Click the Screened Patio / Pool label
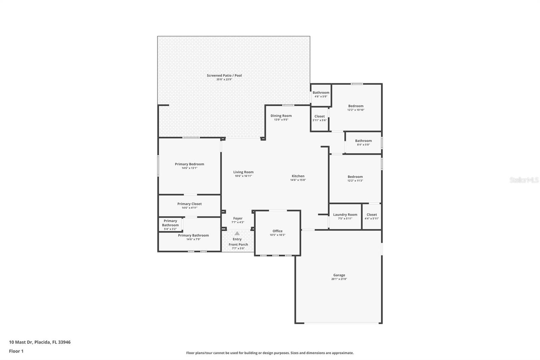tap(224, 76)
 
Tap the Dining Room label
tap(281, 116)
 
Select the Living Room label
tap(243, 172)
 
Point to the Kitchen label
tap(298, 176)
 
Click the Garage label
tap(339, 275)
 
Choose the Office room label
tap(277, 231)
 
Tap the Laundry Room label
tap(345, 215)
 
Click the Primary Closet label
tap(189, 204)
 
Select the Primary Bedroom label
tap(189, 164)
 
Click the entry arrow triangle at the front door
tap(237, 233)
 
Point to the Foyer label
tap(238, 218)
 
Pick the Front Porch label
tap(238, 245)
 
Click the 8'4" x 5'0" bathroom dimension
tap(363, 145)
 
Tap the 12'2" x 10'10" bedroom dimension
tap(356, 110)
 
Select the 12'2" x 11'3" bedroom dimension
tap(355, 180)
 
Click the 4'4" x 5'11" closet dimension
tap(372, 218)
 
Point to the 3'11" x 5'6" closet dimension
tap(320, 120)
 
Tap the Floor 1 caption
tap(16, 351)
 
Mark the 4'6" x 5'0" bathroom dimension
tap(321, 97)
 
